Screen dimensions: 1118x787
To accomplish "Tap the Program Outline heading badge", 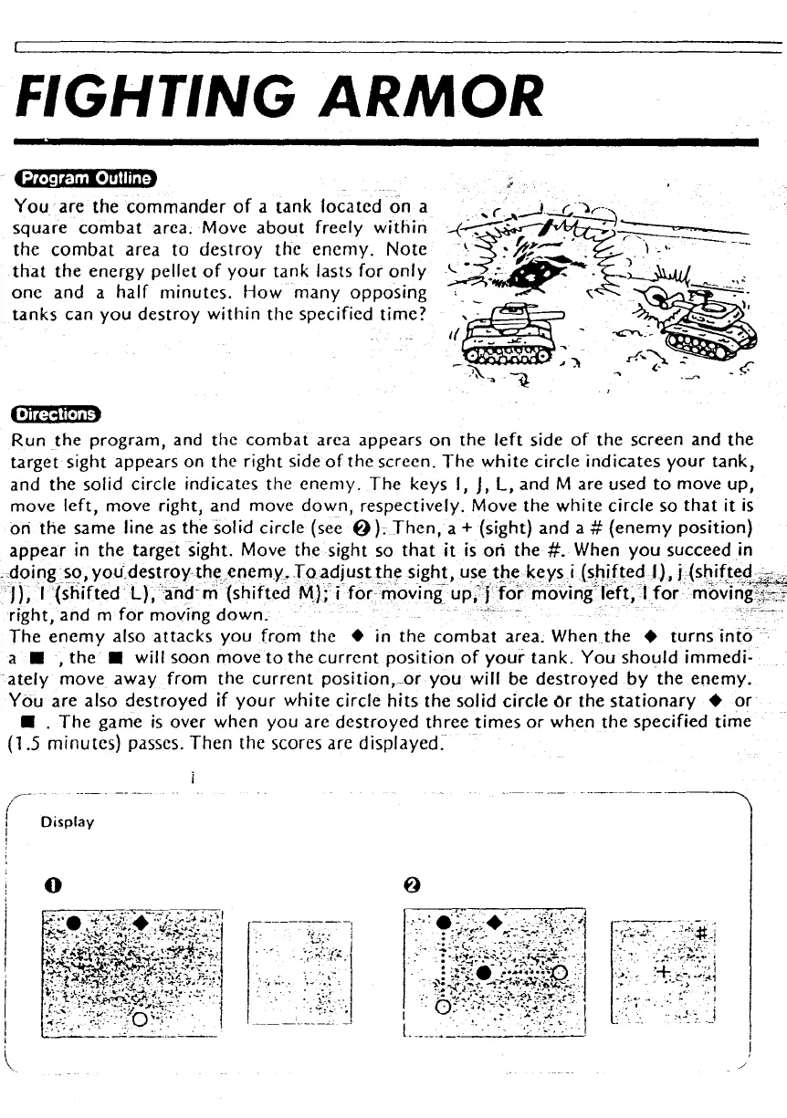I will [x=89, y=177].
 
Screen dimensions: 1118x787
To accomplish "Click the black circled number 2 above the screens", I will [x=413, y=884].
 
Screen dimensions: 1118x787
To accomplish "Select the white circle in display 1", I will [x=140, y=1019].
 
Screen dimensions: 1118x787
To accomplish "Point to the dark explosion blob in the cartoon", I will [x=530, y=269].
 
